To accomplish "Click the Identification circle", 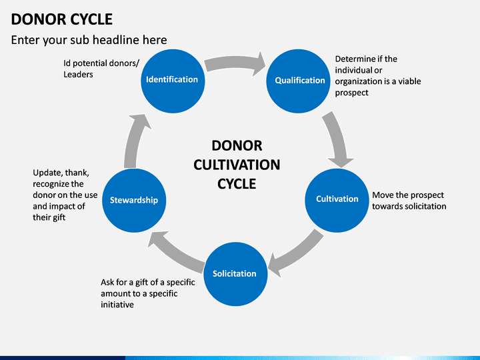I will click(x=172, y=79).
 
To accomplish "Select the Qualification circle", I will click(x=300, y=80).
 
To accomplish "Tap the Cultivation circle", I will click(x=337, y=199).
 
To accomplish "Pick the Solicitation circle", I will click(x=234, y=273).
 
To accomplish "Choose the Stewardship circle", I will click(x=133, y=199).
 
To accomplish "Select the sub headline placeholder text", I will click(x=89, y=40).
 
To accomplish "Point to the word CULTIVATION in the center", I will click(x=237, y=165).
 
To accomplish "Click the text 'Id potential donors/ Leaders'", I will click(x=97, y=69).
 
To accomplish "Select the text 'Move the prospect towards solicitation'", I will click(x=409, y=201).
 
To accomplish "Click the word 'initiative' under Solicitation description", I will click(x=117, y=305).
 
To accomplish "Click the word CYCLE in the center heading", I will click(x=237, y=183).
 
